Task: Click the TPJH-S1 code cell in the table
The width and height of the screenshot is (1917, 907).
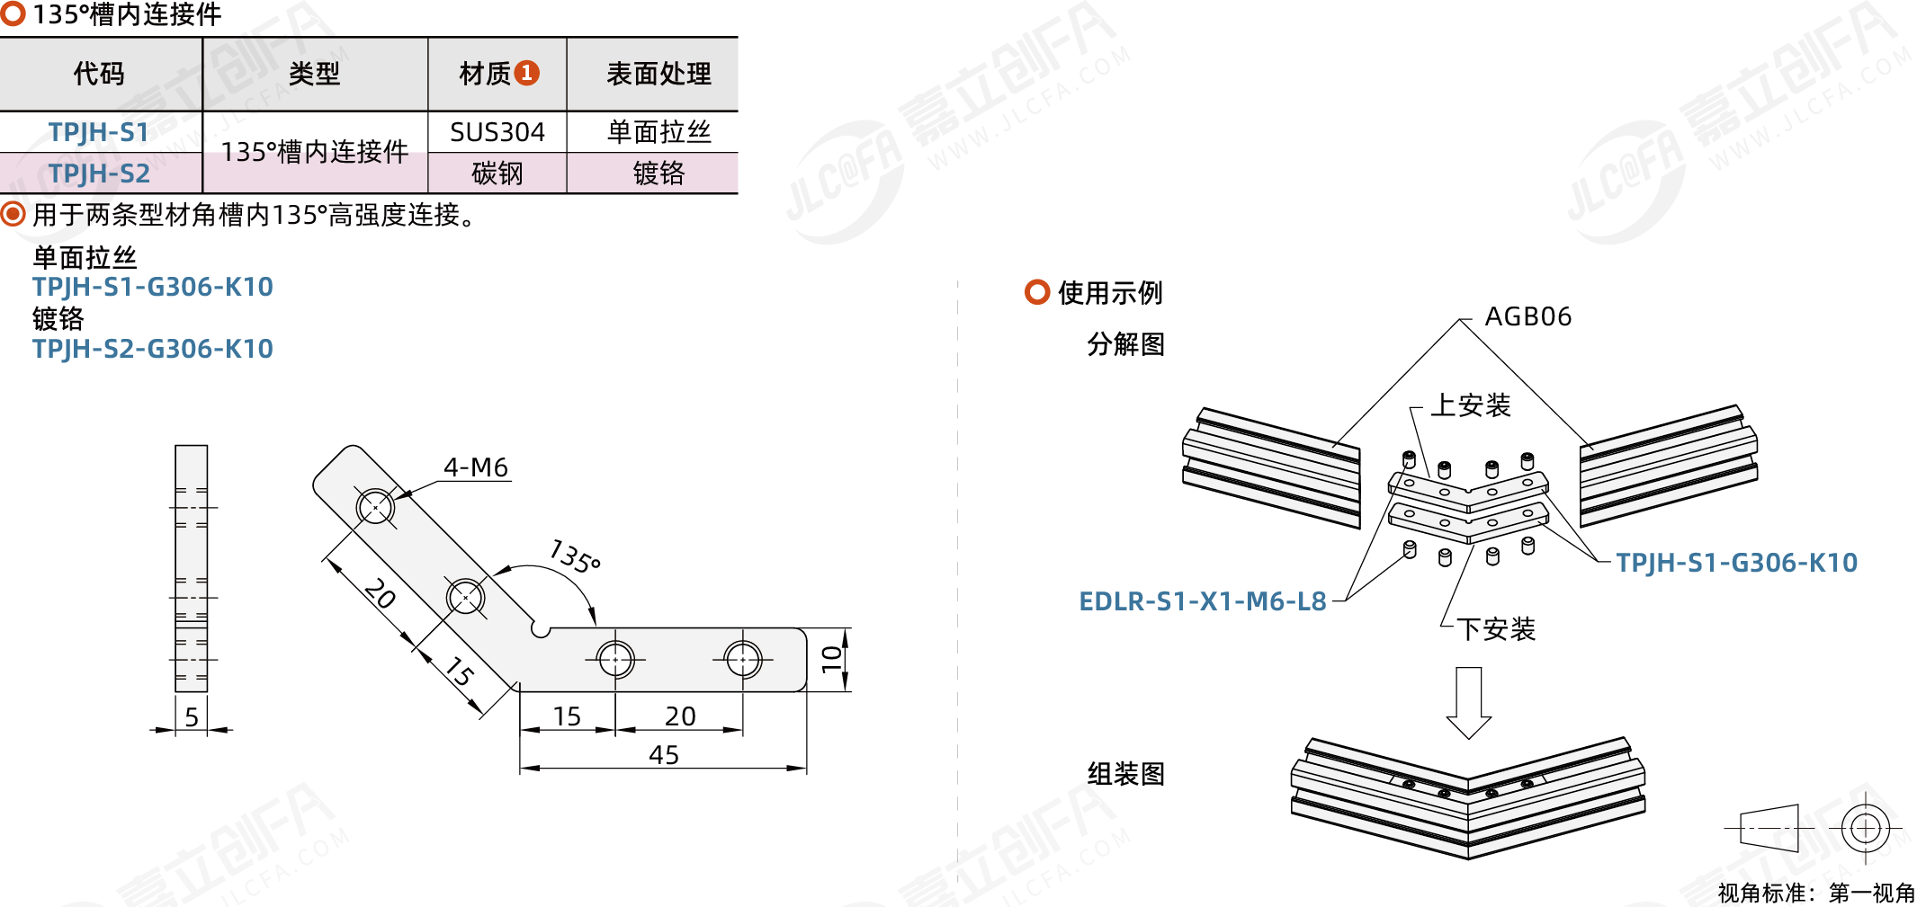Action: point(99,132)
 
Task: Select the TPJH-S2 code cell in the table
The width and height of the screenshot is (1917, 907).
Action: point(99,173)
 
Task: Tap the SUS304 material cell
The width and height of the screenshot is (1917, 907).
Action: point(497,132)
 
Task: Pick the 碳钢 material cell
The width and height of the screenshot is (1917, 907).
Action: point(497,173)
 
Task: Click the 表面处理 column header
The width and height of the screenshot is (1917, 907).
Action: point(658,74)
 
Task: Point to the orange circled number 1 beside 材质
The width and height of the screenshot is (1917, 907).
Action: point(527,73)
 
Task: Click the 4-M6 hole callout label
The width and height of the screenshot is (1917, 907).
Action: point(476,467)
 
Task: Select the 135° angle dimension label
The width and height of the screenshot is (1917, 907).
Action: point(575,556)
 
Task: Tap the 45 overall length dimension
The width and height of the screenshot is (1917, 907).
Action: point(664,755)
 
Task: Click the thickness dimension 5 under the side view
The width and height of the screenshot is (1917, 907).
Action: point(192,717)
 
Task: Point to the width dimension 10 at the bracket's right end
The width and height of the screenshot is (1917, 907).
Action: point(832,659)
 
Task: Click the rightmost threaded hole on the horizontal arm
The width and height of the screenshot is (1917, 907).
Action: point(743,660)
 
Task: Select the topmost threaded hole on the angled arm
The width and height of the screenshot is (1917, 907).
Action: point(375,507)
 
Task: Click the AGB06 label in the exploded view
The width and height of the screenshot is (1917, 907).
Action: point(1527,316)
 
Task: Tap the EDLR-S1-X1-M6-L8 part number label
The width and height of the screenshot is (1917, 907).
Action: point(1203,601)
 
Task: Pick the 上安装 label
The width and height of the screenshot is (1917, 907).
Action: point(1470,405)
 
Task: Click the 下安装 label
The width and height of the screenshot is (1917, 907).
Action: point(1495,629)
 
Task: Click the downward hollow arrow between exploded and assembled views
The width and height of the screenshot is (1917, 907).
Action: point(1468,702)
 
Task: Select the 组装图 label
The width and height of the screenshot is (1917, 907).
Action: point(1125,774)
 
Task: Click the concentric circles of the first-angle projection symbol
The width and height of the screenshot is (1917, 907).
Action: point(1865,828)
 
